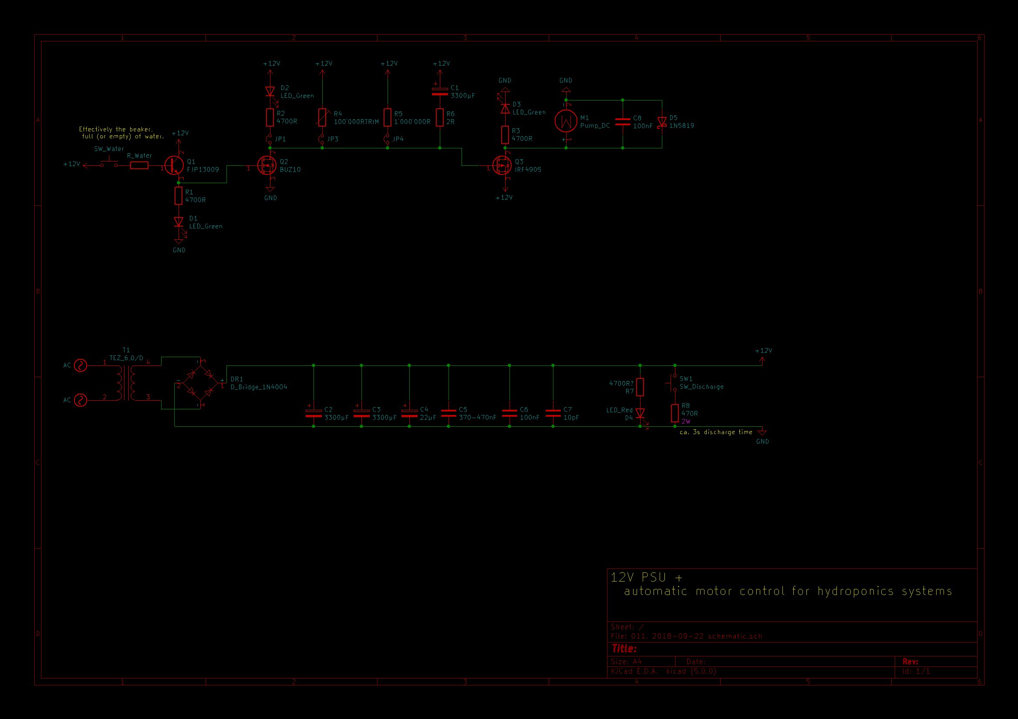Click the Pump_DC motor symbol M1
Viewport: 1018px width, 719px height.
[566, 121]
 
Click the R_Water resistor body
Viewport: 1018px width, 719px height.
[139, 165]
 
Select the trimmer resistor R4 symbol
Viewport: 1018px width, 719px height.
[322, 117]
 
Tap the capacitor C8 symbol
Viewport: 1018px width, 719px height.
[623, 121]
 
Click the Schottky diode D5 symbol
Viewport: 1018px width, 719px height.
[661, 121]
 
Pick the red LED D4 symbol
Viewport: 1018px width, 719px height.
[640, 413]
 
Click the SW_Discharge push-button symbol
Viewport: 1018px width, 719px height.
[673, 383]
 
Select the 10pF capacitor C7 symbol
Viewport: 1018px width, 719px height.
[553, 413]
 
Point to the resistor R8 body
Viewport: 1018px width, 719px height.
[674, 413]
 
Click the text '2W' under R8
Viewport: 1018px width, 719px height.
[686, 421]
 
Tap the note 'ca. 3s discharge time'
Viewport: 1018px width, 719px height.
[716, 432]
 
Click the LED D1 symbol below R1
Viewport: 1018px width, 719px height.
[179, 222]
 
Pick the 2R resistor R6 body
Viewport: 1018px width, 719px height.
[439, 117]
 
